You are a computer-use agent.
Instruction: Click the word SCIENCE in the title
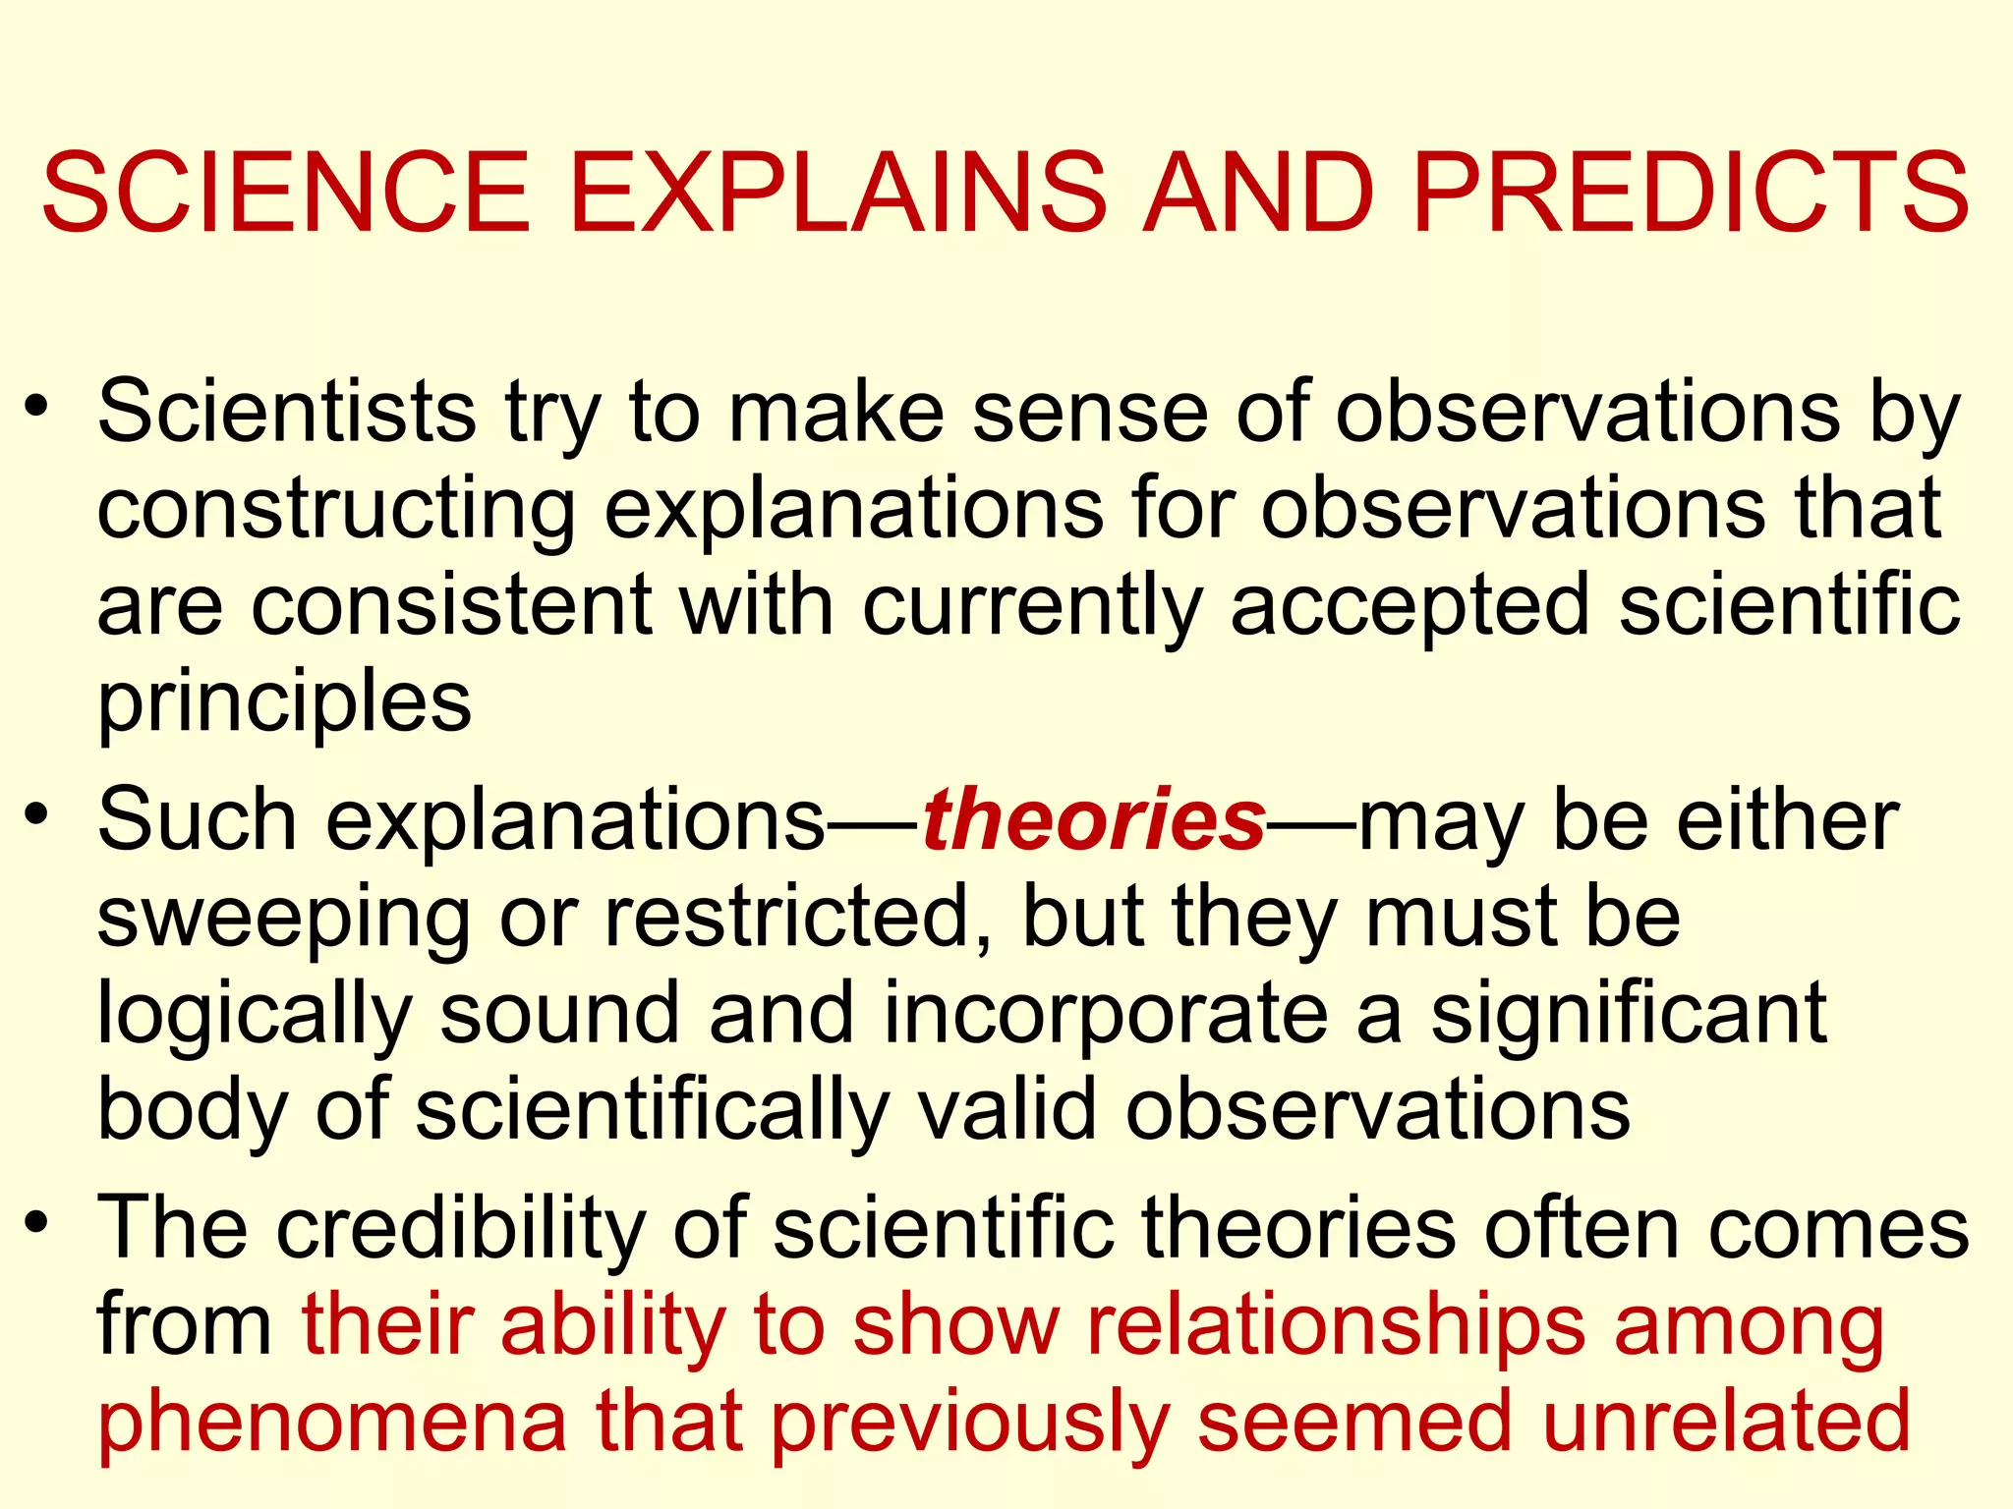[286, 194]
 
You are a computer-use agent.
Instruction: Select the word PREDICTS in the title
[1691, 194]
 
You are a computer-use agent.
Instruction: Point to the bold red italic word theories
[1093, 820]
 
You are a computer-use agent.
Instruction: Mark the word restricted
[786, 917]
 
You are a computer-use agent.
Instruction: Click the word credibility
[462, 1229]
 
